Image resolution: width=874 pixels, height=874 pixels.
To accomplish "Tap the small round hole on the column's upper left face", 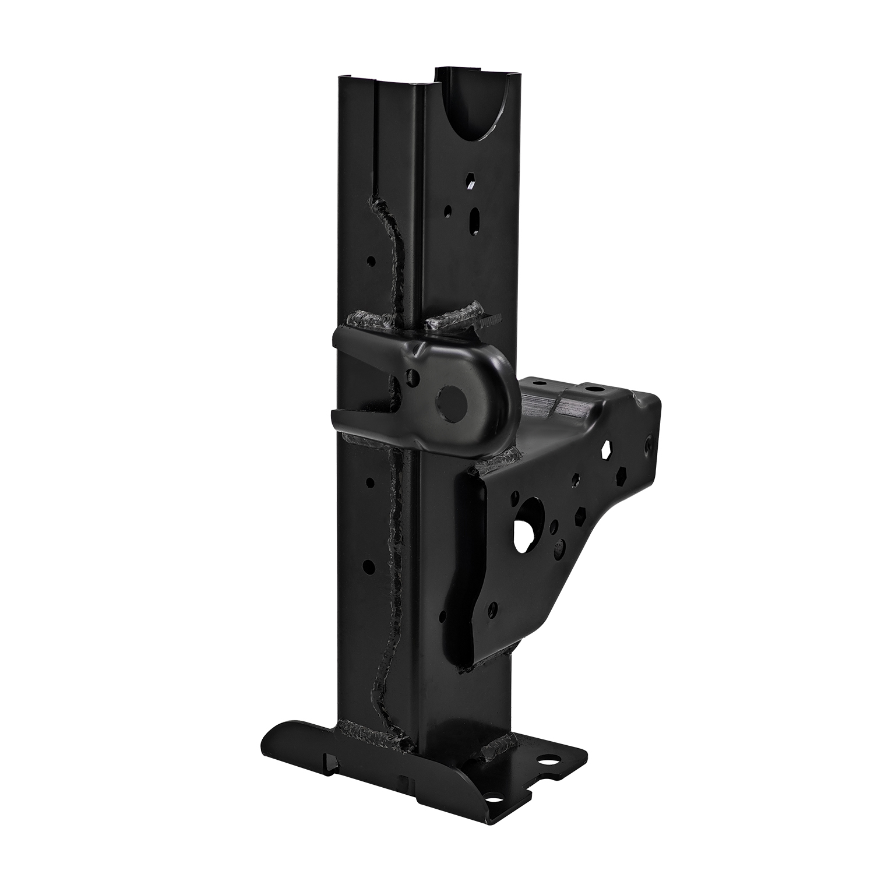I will point(371,260).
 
